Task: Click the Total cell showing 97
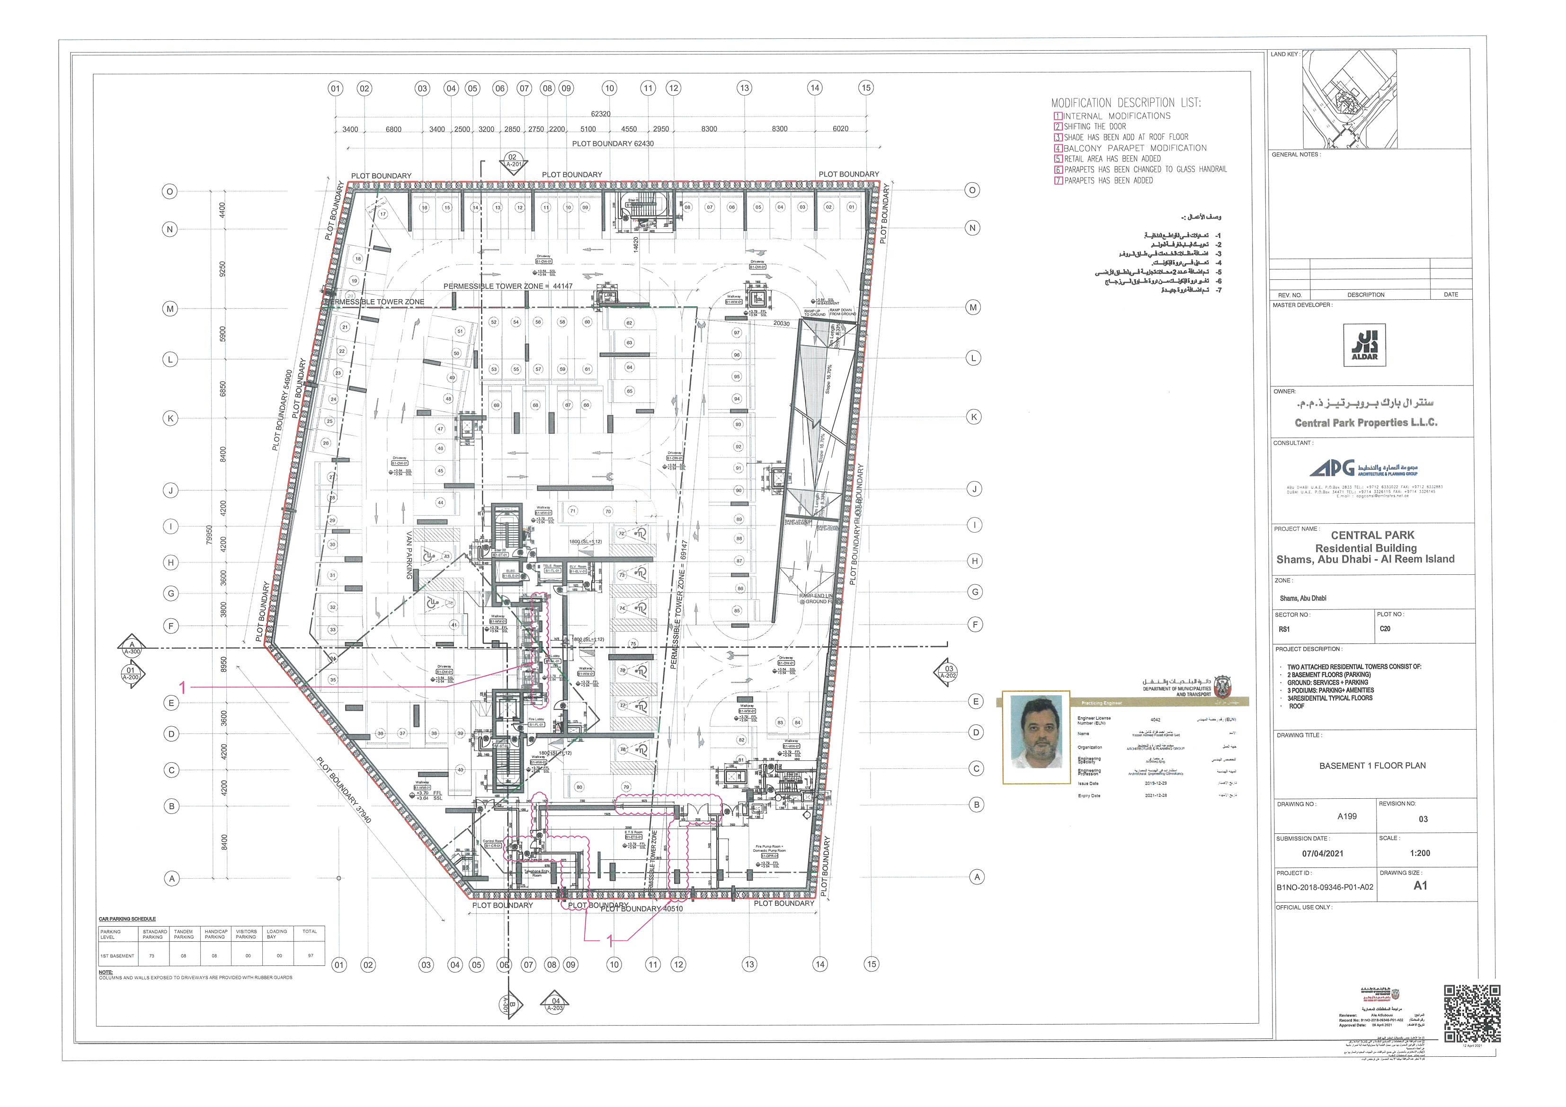click(311, 955)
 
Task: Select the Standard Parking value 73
click(151, 955)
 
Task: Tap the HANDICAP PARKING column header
click(215, 934)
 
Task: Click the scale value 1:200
click(1420, 853)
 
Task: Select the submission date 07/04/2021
click(1323, 853)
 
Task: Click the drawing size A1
click(1420, 886)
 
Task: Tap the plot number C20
click(1385, 629)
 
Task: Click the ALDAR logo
click(1365, 345)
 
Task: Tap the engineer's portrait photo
click(1036, 732)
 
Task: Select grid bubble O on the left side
click(169, 192)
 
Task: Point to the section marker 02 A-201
click(513, 161)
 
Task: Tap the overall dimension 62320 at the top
click(600, 114)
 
